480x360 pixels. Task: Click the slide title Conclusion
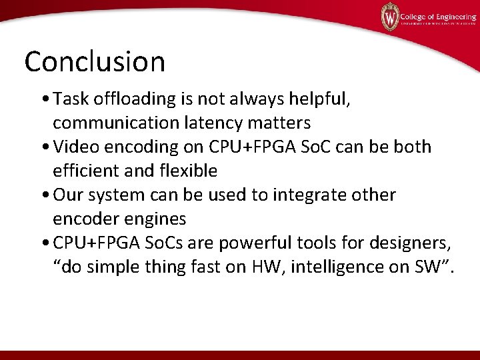(95, 61)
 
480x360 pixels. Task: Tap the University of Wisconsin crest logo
(389, 15)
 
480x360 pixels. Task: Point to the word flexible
(188, 171)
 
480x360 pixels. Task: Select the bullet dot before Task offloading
(44, 100)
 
